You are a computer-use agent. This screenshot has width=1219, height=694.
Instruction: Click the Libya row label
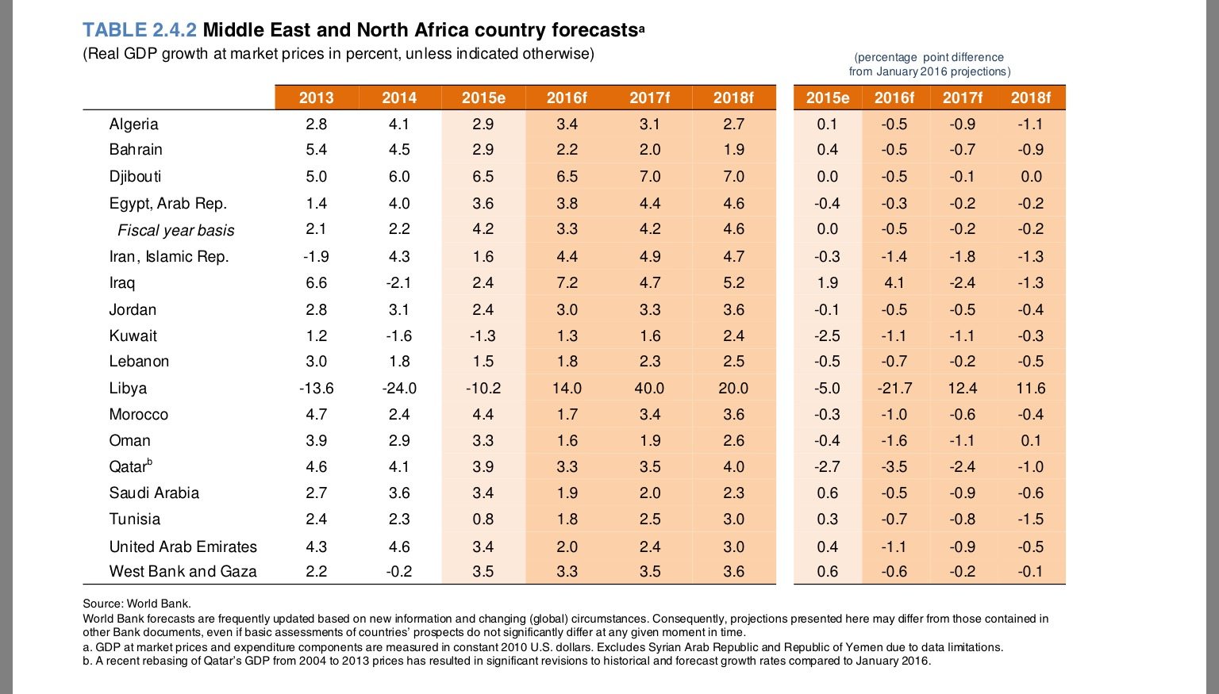click(128, 388)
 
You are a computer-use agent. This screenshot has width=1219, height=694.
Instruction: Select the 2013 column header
click(316, 98)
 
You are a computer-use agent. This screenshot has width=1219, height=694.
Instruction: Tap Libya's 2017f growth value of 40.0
click(649, 388)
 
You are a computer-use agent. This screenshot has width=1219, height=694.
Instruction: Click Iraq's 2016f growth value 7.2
click(567, 282)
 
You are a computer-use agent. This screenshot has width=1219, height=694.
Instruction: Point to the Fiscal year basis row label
click(175, 230)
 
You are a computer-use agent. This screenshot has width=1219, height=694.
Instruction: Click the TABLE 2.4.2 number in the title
click(140, 30)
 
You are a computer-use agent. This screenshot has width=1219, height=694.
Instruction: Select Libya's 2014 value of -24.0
click(398, 388)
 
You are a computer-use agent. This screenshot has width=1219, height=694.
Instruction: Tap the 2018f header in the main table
click(733, 98)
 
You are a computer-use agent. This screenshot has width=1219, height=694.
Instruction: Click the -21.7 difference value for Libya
click(894, 388)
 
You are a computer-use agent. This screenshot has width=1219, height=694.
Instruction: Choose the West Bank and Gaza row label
click(183, 571)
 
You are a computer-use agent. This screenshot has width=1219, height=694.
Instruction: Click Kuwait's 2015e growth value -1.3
click(483, 335)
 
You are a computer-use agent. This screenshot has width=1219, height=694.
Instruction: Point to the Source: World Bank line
click(137, 604)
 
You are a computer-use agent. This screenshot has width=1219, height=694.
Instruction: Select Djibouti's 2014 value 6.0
click(399, 176)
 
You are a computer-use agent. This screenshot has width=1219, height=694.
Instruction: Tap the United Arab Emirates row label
click(183, 546)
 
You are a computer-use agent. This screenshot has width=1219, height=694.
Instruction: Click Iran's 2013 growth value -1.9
click(316, 256)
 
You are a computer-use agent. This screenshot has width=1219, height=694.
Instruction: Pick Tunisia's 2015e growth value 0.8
click(483, 519)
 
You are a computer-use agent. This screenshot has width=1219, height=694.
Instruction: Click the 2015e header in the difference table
click(827, 98)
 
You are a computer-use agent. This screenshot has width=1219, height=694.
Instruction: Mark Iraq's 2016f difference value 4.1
click(894, 282)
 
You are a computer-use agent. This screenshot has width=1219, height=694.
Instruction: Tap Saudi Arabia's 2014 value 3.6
click(399, 493)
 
